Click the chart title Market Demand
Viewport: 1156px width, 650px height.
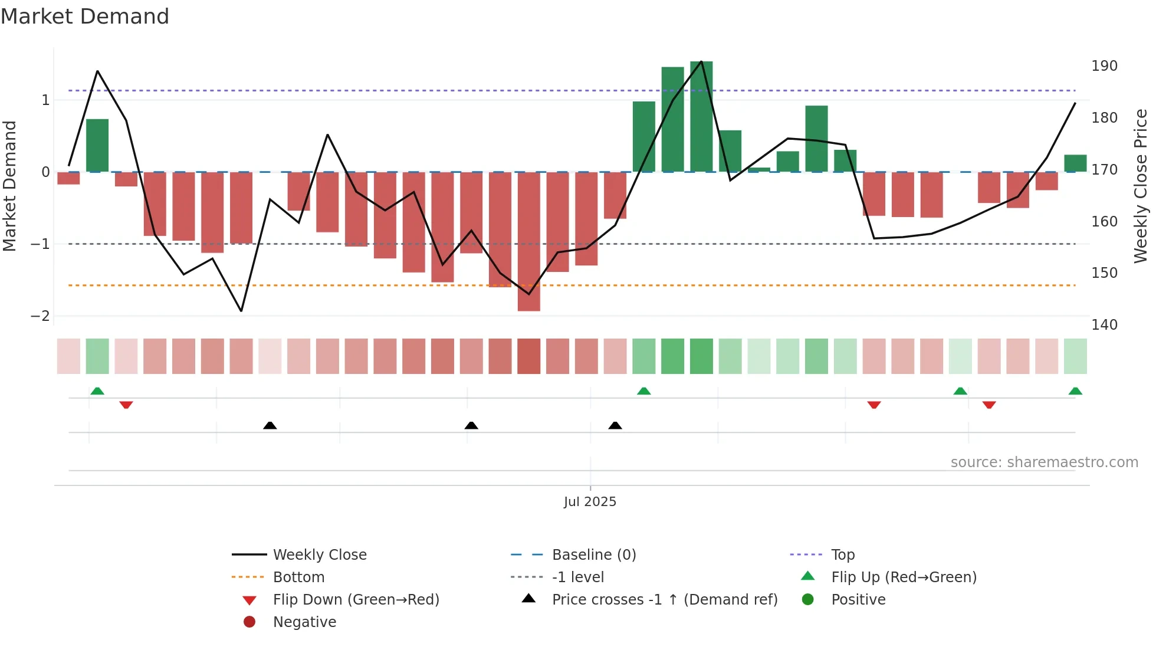click(85, 17)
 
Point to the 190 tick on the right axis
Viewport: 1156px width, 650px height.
click(1104, 66)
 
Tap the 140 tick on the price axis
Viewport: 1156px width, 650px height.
click(1104, 325)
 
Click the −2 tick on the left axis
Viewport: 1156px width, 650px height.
click(40, 316)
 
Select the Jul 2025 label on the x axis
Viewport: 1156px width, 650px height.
click(590, 502)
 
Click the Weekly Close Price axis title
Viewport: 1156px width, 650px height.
click(1141, 186)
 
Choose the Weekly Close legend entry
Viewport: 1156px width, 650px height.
click(319, 555)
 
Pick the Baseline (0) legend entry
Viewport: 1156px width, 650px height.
click(593, 555)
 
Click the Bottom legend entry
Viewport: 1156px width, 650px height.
click(298, 577)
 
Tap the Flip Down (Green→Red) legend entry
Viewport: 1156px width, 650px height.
click(356, 600)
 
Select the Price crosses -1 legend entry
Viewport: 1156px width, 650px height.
click(664, 600)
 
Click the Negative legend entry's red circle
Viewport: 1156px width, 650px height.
click(249, 622)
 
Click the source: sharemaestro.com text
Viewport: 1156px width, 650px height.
click(1044, 462)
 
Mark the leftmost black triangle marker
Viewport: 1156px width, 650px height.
click(270, 425)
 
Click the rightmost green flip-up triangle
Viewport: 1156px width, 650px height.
click(1075, 391)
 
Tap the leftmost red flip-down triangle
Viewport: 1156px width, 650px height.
click(126, 405)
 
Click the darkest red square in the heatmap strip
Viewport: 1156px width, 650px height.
click(528, 356)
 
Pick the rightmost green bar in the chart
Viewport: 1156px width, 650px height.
click(1075, 163)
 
